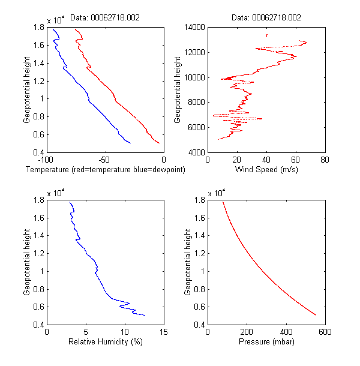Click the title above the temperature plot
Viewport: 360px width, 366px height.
point(105,18)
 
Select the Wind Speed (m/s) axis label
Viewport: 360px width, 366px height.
point(266,170)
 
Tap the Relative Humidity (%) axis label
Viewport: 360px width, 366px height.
point(105,343)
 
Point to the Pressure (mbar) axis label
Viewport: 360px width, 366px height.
point(266,343)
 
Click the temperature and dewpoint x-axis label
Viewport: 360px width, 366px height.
point(105,170)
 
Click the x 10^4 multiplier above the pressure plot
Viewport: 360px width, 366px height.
point(217,193)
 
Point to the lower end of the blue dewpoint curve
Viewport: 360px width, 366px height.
point(131,143)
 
